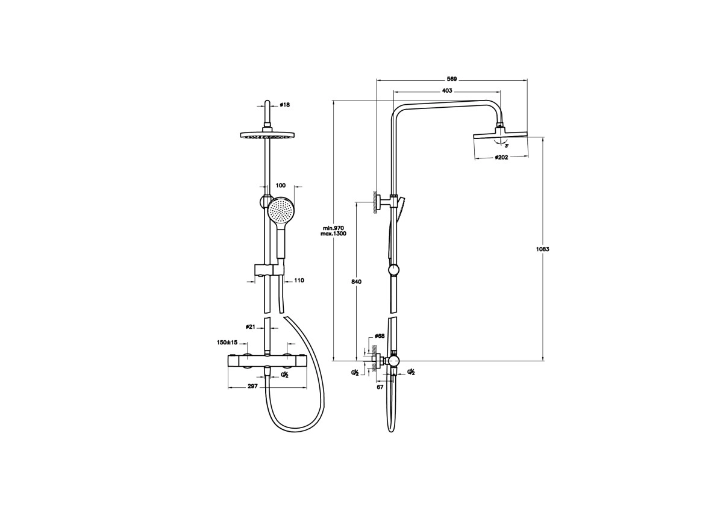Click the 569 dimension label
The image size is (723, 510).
pos(451,79)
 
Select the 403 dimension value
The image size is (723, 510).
pos(446,91)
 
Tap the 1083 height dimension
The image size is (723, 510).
pos(543,249)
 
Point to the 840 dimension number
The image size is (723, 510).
pos(356,282)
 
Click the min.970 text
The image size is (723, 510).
pos(333,228)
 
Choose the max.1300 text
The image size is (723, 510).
pos(333,234)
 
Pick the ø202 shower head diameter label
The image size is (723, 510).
pos(501,157)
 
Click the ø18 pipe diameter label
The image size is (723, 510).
pos(284,105)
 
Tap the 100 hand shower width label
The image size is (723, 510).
pos(281,185)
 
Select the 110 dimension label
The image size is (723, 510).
pos(299,281)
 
